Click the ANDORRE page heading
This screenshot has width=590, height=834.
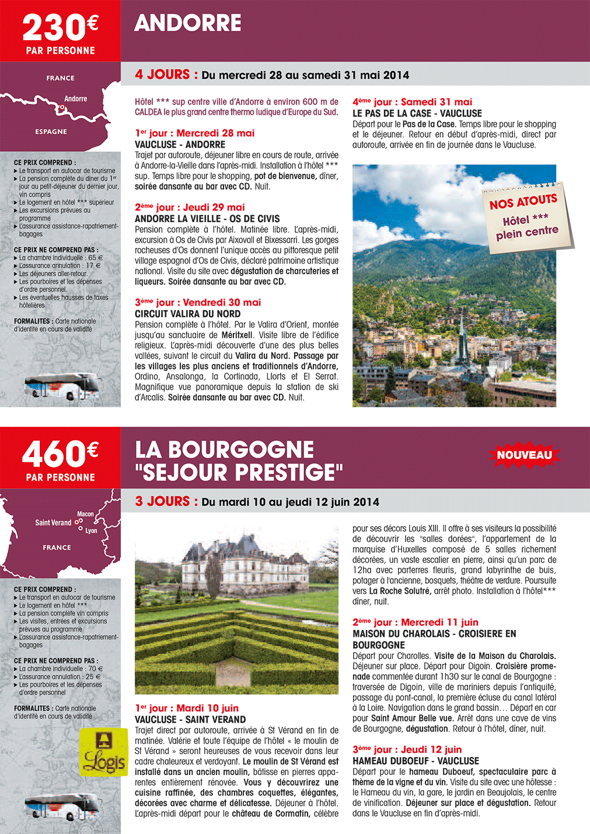[187, 23]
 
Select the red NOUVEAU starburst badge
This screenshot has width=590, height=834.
[524, 455]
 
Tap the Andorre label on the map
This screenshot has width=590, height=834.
[76, 99]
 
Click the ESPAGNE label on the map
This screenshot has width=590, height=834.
[51, 132]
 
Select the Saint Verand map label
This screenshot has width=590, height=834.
[53, 523]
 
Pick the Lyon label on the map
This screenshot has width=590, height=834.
[91, 531]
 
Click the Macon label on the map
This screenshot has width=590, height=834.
[85, 514]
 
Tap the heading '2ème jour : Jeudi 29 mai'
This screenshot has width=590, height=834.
[190, 207]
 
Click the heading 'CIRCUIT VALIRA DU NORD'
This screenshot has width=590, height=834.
[187, 314]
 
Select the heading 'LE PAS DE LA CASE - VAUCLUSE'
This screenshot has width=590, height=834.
[417, 113]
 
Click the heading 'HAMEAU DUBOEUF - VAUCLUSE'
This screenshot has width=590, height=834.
[416, 761]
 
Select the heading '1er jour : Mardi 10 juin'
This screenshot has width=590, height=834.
[187, 708]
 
